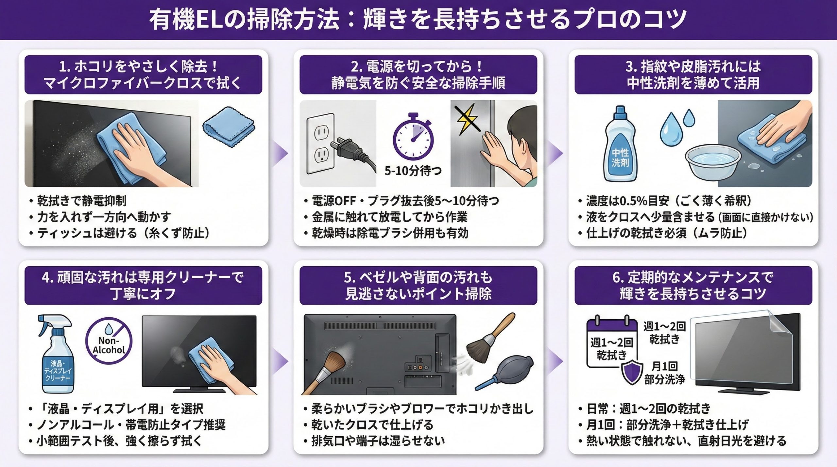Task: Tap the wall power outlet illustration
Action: tap(320, 143)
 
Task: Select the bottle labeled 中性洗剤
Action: tap(620, 143)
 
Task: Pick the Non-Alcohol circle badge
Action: tap(109, 341)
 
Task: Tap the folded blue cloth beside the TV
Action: tap(228, 126)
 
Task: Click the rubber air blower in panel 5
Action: tap(504, 372)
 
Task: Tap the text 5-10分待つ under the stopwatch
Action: tap(413, 171)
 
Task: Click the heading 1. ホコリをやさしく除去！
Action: tap(139, 67)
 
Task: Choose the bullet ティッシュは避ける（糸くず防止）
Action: tap(120, 233)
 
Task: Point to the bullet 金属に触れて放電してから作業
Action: tap(386, 217)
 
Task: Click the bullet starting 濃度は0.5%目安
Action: tap(665, 201)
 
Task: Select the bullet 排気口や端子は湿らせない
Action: tap(374, 441)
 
